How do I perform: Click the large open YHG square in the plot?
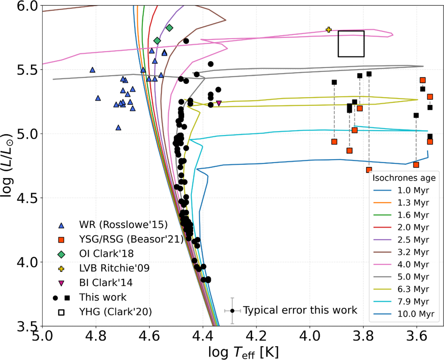[x=351, y=44]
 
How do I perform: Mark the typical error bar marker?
[x=232, y=311]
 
